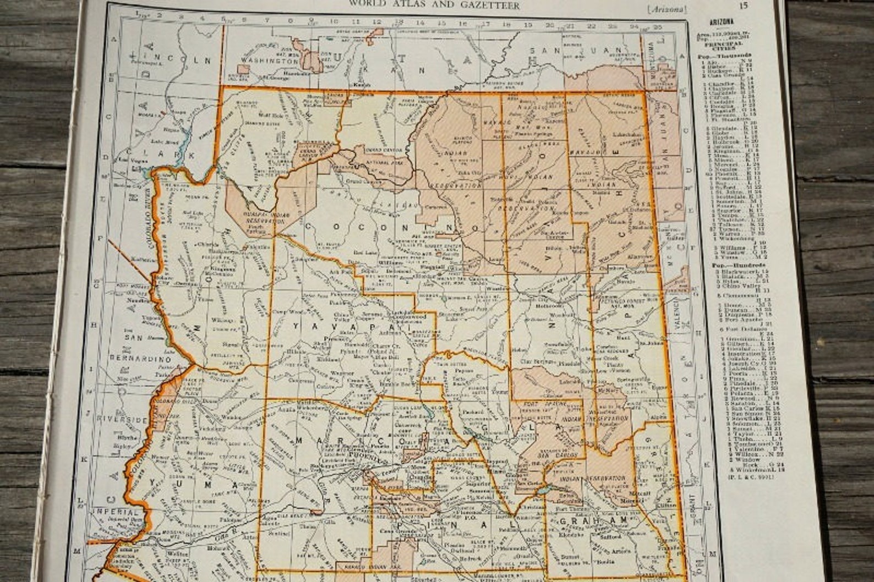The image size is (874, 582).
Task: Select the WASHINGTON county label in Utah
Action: [260, 59]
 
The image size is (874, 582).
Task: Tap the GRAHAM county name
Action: [600, 520]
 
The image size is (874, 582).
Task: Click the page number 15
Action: [744, 7]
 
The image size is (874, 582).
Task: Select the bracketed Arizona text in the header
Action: [667, 8]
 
